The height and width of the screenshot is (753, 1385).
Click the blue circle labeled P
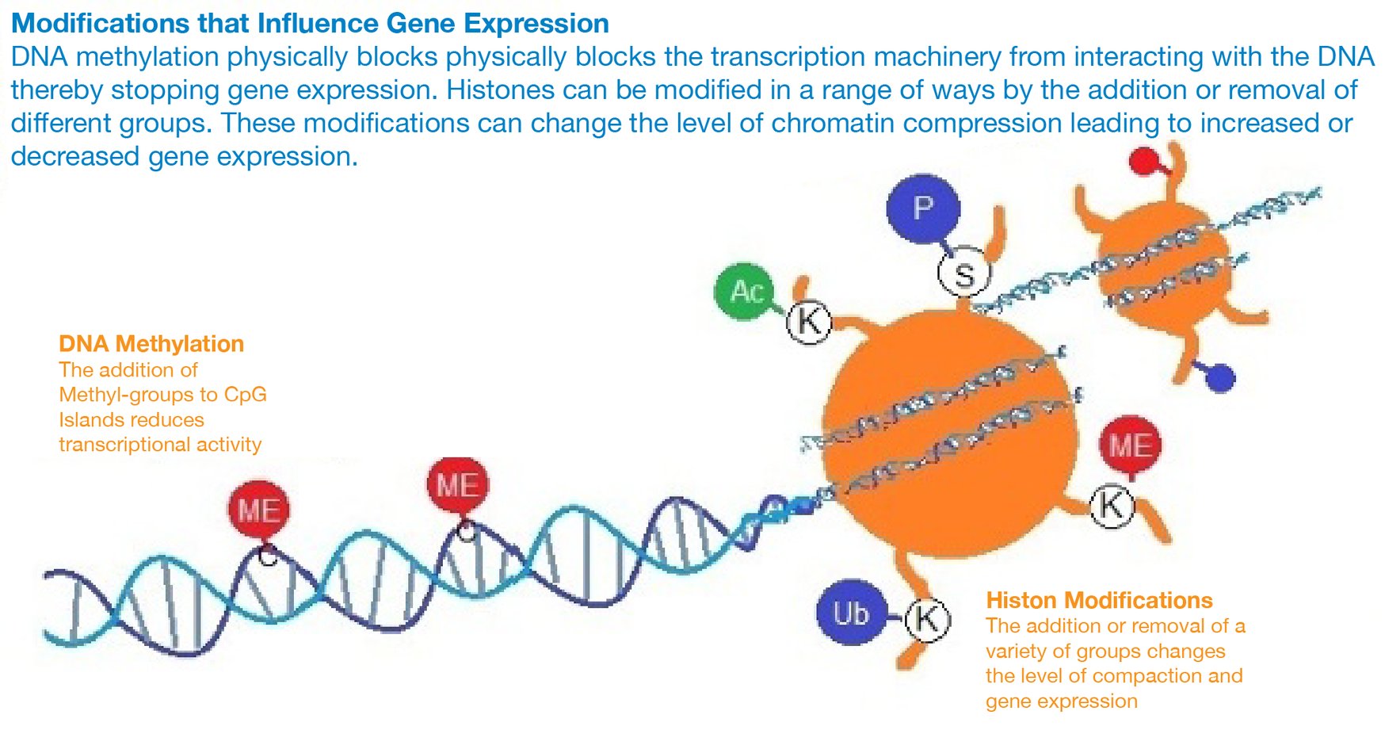coord(923,208)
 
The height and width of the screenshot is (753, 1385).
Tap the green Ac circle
coord(746,291)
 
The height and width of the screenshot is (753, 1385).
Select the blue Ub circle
coord(851,613)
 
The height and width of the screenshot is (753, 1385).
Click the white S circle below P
coord(963,274)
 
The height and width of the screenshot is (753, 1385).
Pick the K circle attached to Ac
coord(809,322)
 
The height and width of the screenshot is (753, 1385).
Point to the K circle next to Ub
coord(927,618)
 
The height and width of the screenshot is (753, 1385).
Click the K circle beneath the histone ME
coord(1112,505)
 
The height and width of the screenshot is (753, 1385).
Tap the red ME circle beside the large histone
coord(1131,445)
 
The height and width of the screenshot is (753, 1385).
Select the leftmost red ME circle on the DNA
coord(259,510)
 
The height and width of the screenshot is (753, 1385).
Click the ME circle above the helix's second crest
coord(457,484)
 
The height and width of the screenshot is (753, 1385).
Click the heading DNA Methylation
coord(151,344)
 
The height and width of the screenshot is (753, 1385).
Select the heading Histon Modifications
coord(1099,600)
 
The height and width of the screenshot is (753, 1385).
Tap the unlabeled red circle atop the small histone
coord(1143,162)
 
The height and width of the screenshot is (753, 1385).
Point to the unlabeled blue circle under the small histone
coord(1221,378)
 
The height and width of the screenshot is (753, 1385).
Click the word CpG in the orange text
coord(245,395)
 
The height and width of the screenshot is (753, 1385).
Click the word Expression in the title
coord(536,24)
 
